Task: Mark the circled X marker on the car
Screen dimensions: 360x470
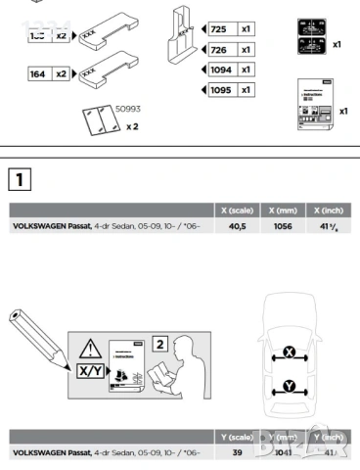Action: coord(290,352)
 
